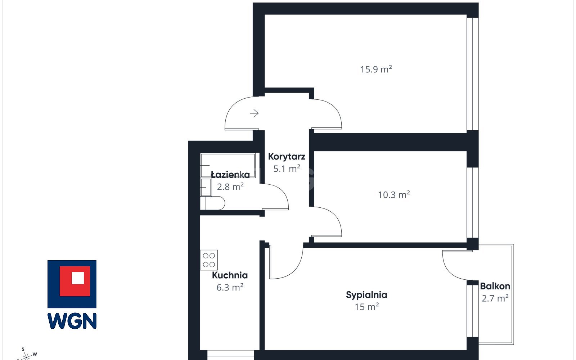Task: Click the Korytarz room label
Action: coord(287,157)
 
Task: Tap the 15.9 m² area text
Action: coord(376,69)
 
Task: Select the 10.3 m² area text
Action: coord(394,195)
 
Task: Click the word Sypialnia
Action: coord(366,295)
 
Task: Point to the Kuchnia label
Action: coord(230,275)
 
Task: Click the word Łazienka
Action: coord(230,175)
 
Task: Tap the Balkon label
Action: coord(495,286)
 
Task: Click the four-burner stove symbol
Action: coord(209,260)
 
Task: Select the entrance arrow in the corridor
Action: coord(254,113)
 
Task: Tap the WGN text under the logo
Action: coord(72,321)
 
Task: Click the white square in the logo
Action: coord(78,278)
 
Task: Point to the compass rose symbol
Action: coord(26,356)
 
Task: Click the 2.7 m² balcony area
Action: coord(495,298)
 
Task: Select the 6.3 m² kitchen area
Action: coord(230,287)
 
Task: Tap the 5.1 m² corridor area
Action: coord(287,169)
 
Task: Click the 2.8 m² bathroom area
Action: coord(230,187)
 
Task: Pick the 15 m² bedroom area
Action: coord(367,307)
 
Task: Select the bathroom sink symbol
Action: coord(206,188)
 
